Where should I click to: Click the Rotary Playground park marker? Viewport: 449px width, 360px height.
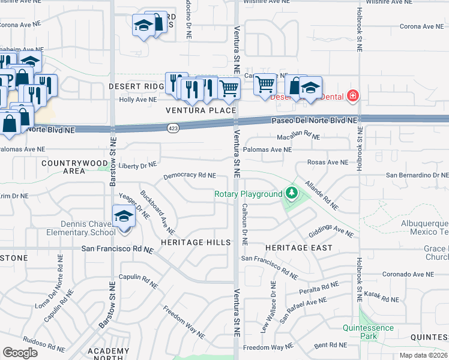click(x=291, y=193)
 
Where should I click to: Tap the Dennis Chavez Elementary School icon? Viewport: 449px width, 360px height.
click(x=124, y=217)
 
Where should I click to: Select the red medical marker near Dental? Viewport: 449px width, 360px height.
click(x=353, y=96)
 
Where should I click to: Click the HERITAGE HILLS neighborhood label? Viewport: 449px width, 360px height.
click(x=196, y=242)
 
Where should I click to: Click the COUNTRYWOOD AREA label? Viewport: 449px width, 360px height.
click(x=67, y=167)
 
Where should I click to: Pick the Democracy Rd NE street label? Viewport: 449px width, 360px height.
click(x=189, y=176)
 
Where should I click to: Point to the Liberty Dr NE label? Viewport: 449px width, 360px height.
click(x=137, y=164)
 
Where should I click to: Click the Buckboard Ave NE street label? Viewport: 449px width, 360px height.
click(x=157, y=212)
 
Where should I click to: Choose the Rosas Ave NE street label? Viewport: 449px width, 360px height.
click(x=327, y=162)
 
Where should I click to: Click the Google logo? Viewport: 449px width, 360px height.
click(x=20, y=353)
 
